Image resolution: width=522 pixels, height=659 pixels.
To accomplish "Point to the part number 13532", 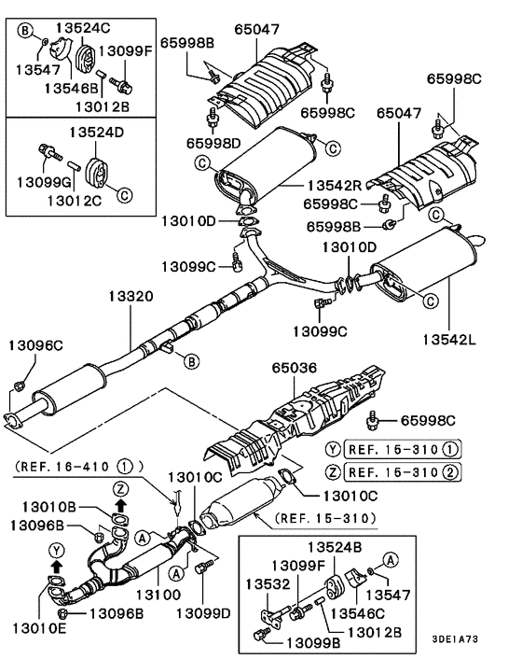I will [x=265, y=583].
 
